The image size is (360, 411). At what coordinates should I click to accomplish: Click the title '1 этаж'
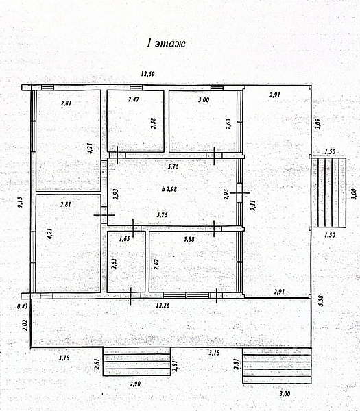point(166,43)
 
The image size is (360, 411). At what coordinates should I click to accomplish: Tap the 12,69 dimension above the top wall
point(147,74)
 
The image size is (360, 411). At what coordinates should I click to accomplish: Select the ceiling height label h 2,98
point(169,189)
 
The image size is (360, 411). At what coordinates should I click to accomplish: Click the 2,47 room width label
point(134,99)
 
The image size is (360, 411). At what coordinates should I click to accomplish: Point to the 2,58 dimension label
point(154,123)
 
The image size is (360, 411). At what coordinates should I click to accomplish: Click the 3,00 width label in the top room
point(204,99)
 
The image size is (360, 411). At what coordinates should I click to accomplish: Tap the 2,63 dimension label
point(228,124)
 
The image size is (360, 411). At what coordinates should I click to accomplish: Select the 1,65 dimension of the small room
point(124,239)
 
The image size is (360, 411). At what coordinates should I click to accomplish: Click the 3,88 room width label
point(189,239)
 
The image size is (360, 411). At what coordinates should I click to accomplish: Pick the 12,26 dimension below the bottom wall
point(163,305)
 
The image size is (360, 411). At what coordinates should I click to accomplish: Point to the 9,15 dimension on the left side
point(20,202)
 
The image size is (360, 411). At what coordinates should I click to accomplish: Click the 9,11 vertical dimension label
point(253,206)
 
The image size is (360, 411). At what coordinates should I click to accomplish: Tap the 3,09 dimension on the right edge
point(317,124)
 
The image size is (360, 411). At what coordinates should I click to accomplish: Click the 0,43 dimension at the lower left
point(23,306)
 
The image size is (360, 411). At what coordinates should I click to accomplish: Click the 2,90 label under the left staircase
point(135,384)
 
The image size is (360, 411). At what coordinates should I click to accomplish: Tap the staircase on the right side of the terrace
point(328,192)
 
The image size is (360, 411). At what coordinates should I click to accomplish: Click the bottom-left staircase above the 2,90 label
point(136,362)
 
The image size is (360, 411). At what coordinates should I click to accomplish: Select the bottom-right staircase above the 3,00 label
point(277,365)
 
